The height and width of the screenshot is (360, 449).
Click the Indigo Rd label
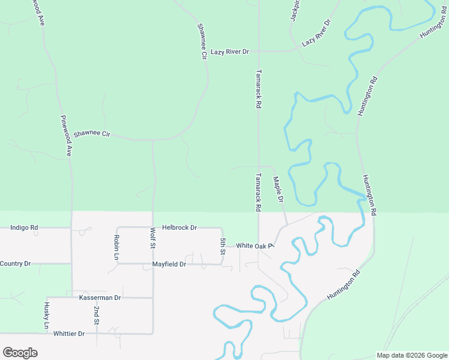click(x=25, y=228)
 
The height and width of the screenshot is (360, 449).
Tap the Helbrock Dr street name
click(x=179, y=228)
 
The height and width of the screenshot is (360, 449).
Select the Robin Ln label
click(x=116, y=247)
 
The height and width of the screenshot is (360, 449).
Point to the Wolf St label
click(x=152, y=239)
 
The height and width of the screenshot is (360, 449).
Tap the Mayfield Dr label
click(x=169, y=264)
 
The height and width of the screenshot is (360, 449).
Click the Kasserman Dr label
click(x=100, y=298)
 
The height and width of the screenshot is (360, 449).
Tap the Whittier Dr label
click(x=69, y=334)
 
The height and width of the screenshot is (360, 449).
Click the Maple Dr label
click(x=277, y=189)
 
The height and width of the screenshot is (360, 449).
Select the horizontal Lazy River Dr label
click(x=229, y=52)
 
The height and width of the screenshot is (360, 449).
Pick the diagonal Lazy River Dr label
click(x=316, y=34)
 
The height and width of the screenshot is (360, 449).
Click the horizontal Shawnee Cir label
click(x=93, y=133)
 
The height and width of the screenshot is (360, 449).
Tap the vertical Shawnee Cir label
click(x=202, y=41)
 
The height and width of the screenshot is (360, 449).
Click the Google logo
click(x=20, y=353)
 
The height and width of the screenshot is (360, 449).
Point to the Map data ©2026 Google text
click(x=412, y=355)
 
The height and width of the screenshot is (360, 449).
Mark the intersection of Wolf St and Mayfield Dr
click(x=152, y=264)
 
